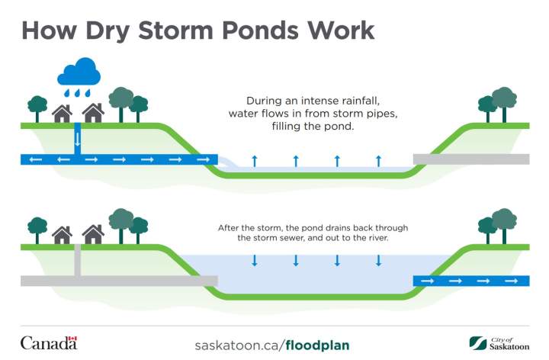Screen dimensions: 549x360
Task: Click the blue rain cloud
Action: [x=79, y=72]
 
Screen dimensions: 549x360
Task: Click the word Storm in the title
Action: [x=175, y=30]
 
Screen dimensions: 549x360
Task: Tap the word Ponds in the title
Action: [x=260, y=30]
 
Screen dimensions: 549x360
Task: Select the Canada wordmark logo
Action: [x=49, y=343]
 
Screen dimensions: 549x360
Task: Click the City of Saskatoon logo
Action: [x=499, y=343]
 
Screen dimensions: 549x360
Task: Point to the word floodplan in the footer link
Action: [x=317, y=346]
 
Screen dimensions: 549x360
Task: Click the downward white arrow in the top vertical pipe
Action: [x=77, y=140]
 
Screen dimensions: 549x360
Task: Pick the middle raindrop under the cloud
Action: [x=77, y=93]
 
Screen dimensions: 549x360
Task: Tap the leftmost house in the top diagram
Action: [x=62, y=114]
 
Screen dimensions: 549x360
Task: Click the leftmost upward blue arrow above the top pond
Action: [x=255, y=161]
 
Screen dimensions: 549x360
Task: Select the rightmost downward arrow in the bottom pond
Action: [x=378, y=260]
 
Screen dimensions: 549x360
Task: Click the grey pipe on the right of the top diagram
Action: [x=471, y=159]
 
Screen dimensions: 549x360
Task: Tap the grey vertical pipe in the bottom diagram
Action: [x=77, y=260]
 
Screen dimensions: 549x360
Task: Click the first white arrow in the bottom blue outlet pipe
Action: [x=428, y=281]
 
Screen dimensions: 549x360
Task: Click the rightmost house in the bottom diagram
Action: [x=93, y=234]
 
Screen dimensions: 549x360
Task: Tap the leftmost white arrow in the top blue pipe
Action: [x=35, y=159]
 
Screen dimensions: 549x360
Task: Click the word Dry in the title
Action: [x=108, y=31]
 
